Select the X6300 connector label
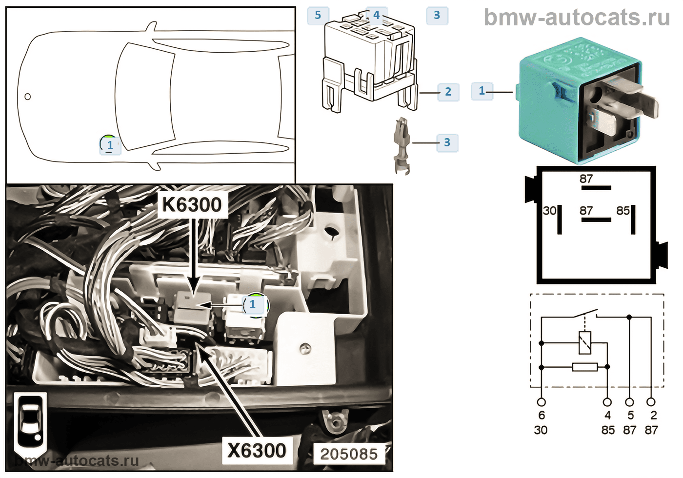pos(257,450)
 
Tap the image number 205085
pos(349,454)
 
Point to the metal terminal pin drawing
pos(402,145)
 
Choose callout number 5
pos(318,16)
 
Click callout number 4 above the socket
pos(376,16)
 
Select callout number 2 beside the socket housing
pos(448,92)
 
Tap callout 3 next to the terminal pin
pos(447,143)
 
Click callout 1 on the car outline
pos(110,145)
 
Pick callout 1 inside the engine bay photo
pos(253,304)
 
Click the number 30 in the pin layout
pos(549,211)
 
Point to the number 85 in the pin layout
pos(623,211)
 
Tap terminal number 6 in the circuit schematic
pos(542,415)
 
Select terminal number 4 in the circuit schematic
pos(607,415)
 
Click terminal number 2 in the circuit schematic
pos(653,415)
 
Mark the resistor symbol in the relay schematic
pos(584,367)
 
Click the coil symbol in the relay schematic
pos(584,342)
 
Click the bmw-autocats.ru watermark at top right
pos(577,18)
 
